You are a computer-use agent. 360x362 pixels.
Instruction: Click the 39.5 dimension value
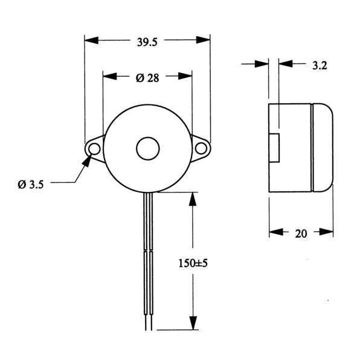(147, 42)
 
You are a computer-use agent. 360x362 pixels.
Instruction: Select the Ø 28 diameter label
(147, 78)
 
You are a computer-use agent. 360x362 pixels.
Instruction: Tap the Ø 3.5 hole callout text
(31, 185)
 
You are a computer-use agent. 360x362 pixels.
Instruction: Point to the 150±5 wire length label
(193, 263)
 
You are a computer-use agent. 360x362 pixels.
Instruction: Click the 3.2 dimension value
(320, 66)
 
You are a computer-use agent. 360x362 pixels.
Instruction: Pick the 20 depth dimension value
(301, 233)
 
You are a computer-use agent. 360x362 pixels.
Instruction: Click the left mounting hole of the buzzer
(94, 148)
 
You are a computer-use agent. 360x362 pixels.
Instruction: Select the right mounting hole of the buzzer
(201, 148)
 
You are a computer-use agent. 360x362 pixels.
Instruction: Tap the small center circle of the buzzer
(148, 148)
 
